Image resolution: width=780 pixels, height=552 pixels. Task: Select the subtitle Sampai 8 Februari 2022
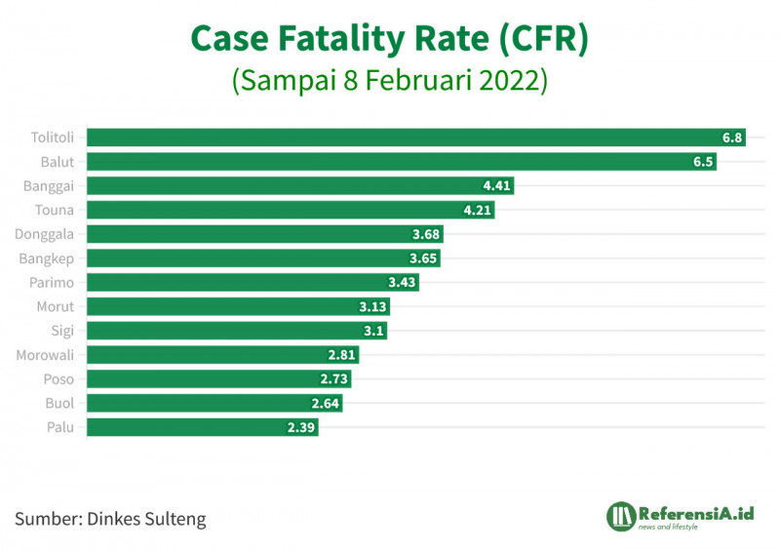389,79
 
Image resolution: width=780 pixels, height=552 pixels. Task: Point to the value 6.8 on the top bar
732,138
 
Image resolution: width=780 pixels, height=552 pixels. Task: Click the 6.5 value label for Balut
704,162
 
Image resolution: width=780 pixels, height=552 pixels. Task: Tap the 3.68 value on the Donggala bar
427,234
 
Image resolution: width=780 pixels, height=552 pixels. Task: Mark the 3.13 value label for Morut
373,306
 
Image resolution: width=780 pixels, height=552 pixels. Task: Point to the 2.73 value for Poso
334,378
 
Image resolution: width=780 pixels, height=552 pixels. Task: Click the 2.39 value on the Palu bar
302,427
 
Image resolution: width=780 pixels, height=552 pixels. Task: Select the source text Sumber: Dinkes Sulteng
110,518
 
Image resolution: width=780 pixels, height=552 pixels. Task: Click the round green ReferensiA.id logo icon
621,516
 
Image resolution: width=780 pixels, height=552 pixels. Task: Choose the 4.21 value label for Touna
478,210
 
